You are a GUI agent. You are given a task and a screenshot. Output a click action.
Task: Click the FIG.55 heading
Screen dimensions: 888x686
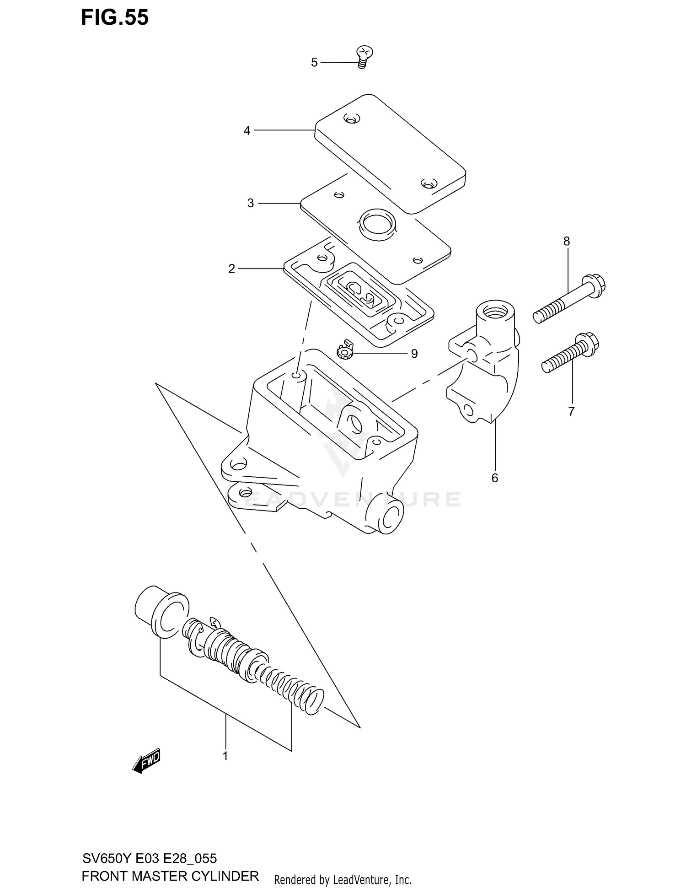point(115,17)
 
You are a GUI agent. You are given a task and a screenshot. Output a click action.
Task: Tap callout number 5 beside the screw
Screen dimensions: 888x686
point(314,63)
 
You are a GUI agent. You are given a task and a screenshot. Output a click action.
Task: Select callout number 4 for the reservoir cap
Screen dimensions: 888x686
point(247,131)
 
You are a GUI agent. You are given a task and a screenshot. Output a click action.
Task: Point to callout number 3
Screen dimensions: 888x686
point(250,203)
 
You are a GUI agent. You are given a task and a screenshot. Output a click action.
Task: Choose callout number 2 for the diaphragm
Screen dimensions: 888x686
point(232,269)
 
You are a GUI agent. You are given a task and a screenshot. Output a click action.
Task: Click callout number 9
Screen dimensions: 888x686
point(414,354)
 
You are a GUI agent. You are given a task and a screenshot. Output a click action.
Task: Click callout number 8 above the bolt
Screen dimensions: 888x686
point(567,241)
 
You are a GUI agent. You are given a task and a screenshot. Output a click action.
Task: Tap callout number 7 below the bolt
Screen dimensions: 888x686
point(571,412)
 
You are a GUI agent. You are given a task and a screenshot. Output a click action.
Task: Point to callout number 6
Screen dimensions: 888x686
point(494,478)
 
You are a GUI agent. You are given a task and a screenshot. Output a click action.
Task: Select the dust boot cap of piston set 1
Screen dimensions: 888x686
point(162,612)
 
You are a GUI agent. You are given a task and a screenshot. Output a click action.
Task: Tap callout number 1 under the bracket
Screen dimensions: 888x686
point(225,756)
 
